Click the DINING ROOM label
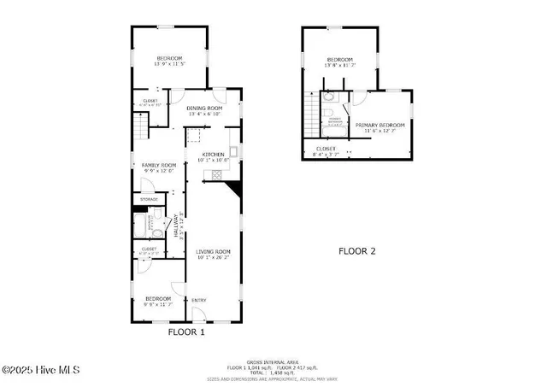pos(204,108)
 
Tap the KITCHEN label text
pos(212,154)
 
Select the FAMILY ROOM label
pos(158,165)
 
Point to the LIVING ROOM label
pos(213,251)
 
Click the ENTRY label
pos(198,300)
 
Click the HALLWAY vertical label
pos(177,226)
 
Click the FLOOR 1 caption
pos(185,331)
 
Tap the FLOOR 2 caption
pos(356,251)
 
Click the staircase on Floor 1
pos(138,130)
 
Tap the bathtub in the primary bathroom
pos(335,124)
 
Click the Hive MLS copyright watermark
pos(40,370)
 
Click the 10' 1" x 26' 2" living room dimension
pos(213,256)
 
